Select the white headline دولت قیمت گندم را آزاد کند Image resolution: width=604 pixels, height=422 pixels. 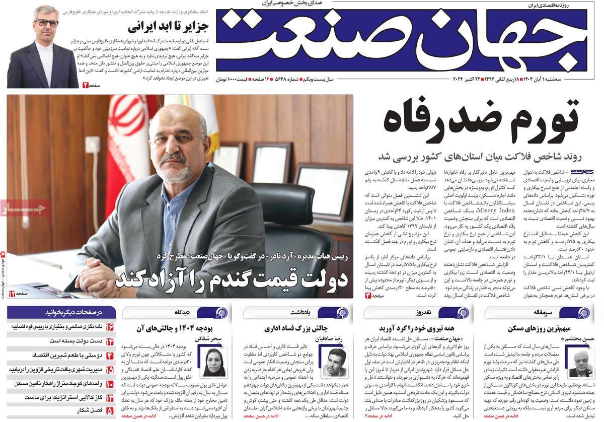[232, 278]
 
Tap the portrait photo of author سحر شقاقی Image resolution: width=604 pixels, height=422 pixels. [213, 363]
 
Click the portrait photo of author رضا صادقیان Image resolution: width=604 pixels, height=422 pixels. [334, 363]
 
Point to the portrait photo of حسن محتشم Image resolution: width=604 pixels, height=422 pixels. [578, 363]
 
